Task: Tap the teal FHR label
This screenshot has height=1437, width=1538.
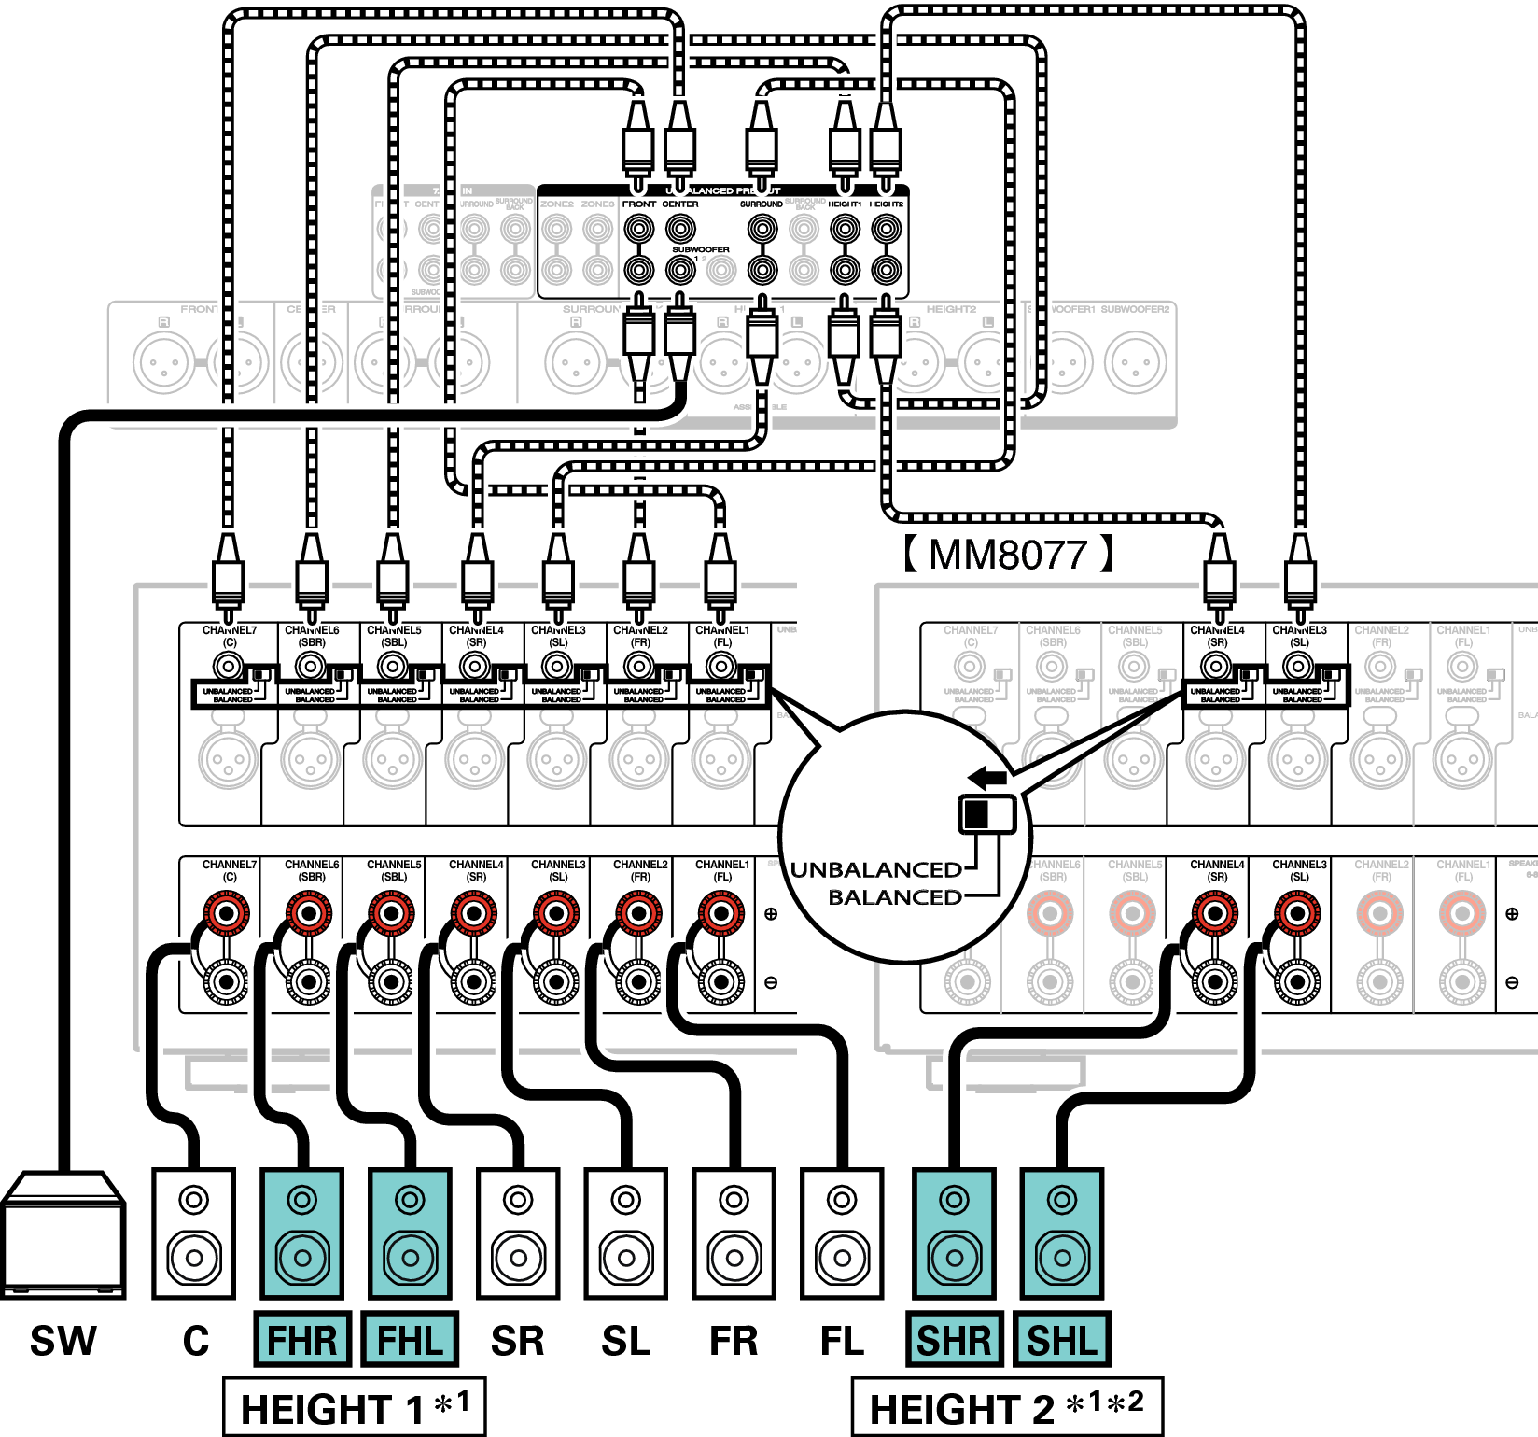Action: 301,1340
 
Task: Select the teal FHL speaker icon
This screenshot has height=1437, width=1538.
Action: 410,1233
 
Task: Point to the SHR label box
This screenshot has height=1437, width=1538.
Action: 954,1340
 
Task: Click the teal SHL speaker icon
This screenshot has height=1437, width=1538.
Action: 1062,1233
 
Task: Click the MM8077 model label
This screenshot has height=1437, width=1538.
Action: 1008,555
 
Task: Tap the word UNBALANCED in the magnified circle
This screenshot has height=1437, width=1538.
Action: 875,870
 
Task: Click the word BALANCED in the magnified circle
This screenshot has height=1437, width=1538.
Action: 894,897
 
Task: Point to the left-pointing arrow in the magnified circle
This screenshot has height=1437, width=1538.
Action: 987,777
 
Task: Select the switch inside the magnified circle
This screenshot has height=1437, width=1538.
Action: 987,814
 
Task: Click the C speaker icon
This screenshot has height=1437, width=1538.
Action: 194,1233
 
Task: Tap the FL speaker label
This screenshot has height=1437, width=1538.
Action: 842,1341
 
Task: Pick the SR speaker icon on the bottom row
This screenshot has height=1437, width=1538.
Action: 518,1233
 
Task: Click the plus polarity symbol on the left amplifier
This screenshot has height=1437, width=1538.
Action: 771,914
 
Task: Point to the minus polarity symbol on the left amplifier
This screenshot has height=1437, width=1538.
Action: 771,982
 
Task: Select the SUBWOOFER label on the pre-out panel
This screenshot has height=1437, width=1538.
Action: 700,249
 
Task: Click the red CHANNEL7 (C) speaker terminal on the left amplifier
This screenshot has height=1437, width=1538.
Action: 227,913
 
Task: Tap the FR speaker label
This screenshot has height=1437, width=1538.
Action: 734,1341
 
